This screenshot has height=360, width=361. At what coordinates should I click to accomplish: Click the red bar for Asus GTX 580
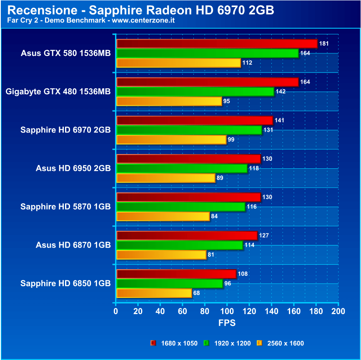point(217,44)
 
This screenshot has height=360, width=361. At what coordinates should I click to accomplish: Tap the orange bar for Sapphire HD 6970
point(171,140)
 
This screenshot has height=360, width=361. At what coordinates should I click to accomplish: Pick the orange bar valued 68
point(154,293)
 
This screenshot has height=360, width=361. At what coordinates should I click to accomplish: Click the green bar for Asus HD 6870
point(180,245)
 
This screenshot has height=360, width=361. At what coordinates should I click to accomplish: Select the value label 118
point(253,168)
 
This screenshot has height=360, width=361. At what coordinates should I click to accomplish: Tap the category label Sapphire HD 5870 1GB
point(65,207)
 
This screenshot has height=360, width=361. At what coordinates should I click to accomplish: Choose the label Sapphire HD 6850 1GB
point(65,283)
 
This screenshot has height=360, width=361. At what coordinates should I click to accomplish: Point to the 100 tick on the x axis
point(227,311)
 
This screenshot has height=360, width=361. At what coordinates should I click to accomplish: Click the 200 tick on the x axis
point(338,311)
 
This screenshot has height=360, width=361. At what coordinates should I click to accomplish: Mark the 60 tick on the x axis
point(183,311)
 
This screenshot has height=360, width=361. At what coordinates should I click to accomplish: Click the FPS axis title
point(227,323)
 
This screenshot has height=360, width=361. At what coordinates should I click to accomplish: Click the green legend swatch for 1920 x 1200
point(206,343)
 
